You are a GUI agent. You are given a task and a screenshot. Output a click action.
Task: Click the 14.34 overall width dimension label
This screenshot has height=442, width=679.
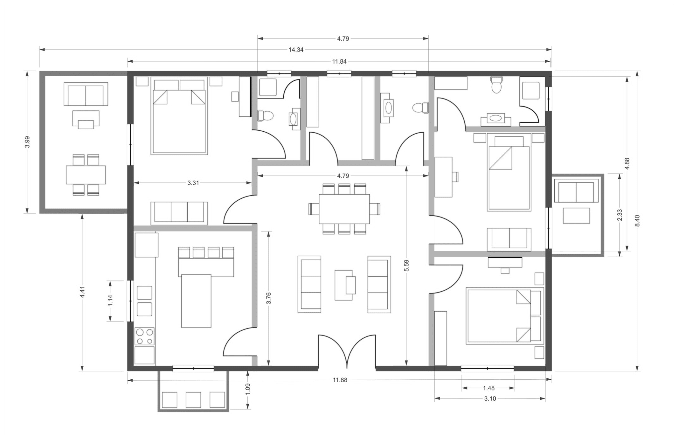click(296, 50)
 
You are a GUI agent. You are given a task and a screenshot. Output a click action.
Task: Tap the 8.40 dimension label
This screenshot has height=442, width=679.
click(637, 221)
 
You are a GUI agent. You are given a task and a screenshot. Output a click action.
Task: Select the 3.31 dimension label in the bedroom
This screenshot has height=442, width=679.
click(193, 183)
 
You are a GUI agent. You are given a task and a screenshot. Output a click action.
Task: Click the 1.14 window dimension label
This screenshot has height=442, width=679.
click(110, 300)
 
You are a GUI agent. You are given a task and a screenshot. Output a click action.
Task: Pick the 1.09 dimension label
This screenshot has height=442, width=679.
click(247, 389)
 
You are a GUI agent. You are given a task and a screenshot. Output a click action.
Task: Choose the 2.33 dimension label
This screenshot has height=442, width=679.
click(619, 215)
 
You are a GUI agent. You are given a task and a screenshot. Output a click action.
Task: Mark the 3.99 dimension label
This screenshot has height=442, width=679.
click(28, 142)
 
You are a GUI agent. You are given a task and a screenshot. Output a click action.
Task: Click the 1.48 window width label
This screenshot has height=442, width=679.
click(489, 388)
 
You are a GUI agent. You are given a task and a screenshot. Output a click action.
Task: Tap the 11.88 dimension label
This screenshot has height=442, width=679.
click(340, 380)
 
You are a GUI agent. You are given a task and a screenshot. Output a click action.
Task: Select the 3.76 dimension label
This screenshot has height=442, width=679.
click(269, 298)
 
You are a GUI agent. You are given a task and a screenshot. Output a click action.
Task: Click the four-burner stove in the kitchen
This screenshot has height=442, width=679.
click(145, 336)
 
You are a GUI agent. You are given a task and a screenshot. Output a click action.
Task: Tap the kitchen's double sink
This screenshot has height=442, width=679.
click(145, 301)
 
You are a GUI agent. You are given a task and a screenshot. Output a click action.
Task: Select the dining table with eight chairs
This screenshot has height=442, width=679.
click(344, 209)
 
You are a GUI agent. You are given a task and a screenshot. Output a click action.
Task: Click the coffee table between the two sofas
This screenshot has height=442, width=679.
click(345, 285)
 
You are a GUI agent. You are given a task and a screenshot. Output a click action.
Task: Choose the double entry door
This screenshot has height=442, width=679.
click(347, 351)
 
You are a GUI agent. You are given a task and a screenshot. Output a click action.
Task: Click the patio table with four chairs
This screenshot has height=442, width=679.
click(86, 175)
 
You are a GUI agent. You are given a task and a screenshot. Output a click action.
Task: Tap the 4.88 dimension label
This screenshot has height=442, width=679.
click(627, 164)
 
